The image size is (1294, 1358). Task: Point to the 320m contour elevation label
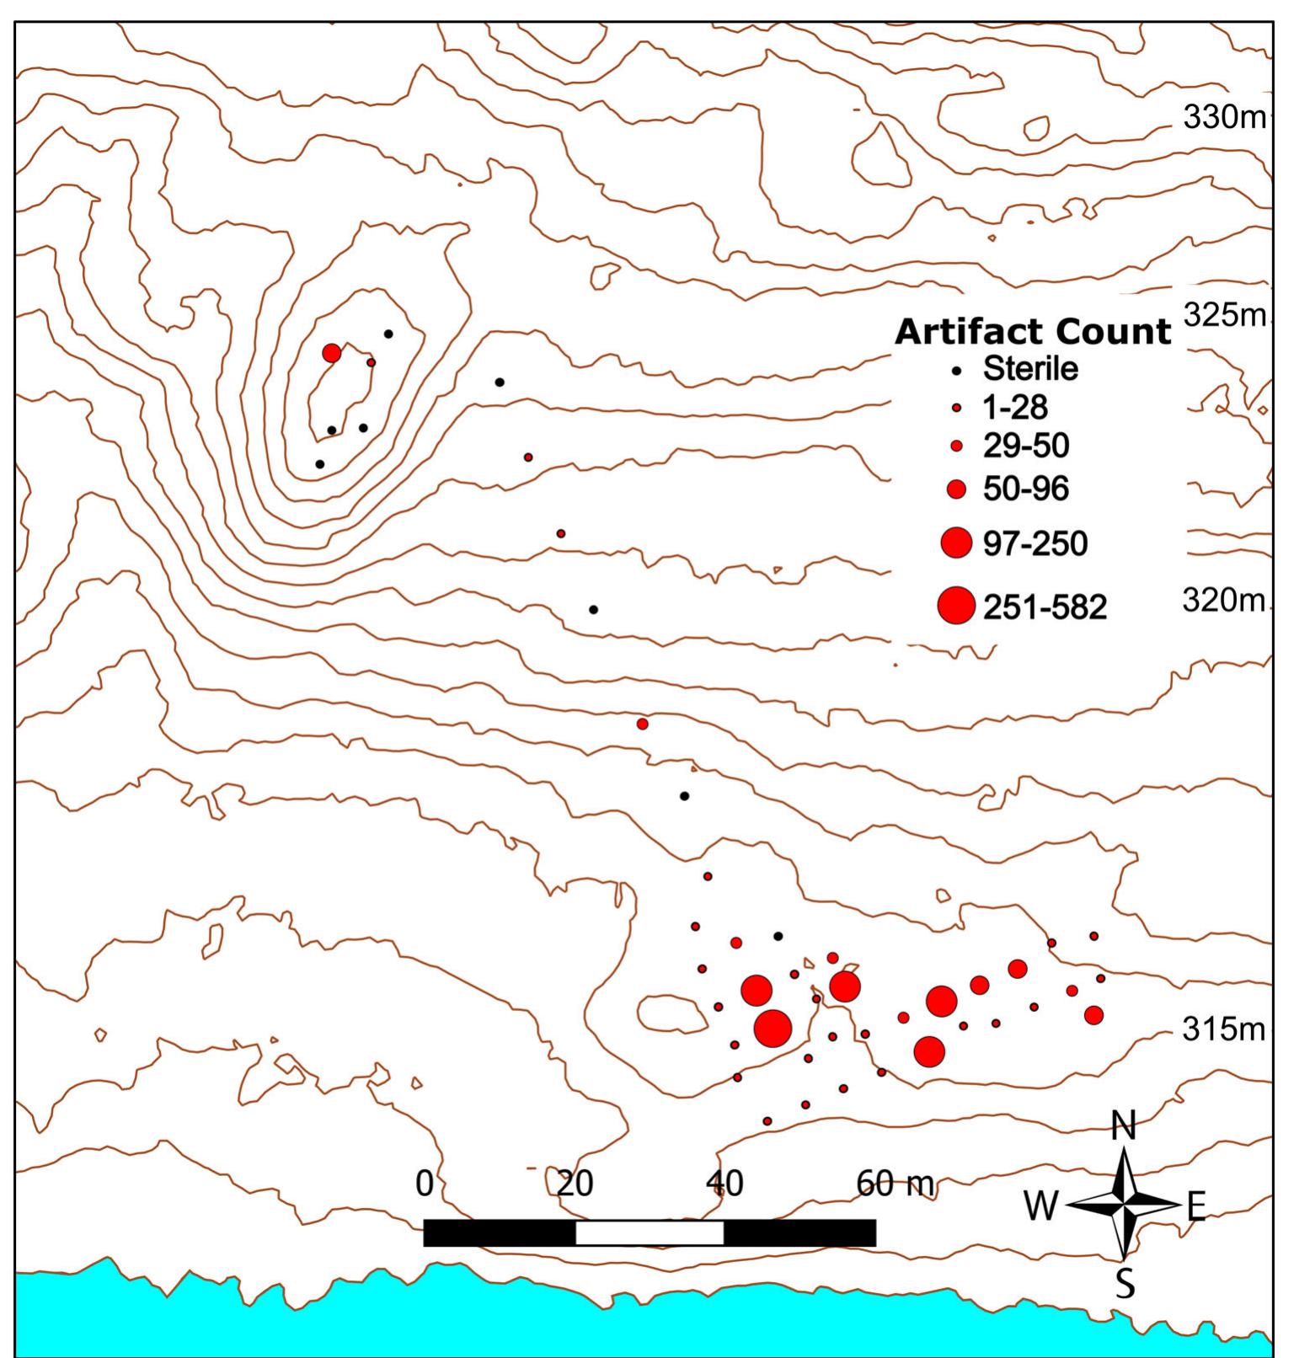click(1224, 601)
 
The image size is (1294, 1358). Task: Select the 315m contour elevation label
click(1224, 1029)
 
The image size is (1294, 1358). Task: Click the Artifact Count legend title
click(1032, 332)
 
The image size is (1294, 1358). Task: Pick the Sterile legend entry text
click(1030, 368)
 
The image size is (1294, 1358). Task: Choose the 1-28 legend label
click(1015, 408)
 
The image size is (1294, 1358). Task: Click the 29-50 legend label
click(1025, 446)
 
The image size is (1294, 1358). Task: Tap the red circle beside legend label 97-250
click(956, 543)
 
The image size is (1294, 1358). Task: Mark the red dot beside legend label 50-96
click(956, 489)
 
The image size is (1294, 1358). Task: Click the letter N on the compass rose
click(1124, 1126)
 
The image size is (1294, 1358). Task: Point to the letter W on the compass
click(1040, 1206)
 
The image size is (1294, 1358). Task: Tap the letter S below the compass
click(1125, 1285)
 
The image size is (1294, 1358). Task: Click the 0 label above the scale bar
click(425, 1184)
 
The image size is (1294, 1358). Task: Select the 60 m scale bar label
click(895, 1184)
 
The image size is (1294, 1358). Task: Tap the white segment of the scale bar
click(650, 1232)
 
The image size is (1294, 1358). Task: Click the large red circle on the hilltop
click(332, 353)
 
